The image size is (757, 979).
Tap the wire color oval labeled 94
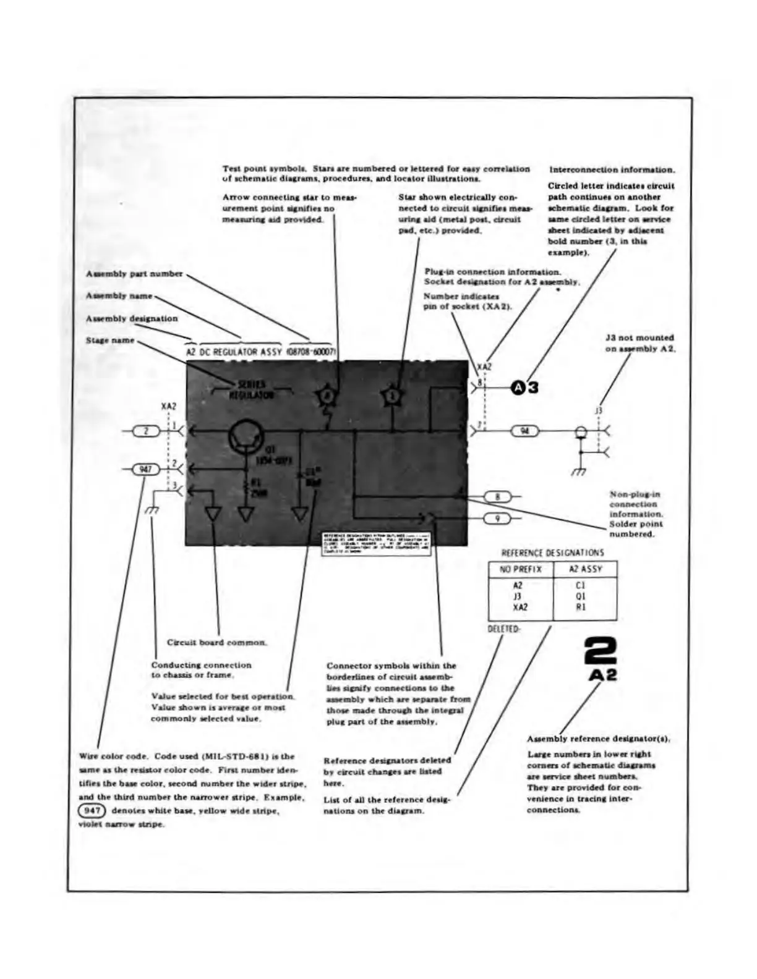click(524, 431)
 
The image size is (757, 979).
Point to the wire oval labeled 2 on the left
click(146, 431)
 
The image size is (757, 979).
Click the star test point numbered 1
click(392, 395)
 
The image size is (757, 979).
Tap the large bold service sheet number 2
click(600, 653)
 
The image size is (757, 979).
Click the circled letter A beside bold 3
click(518, 388)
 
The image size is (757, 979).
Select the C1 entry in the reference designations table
click(580, 585)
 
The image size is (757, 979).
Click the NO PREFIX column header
click(520, 569)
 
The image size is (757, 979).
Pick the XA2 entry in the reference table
click(520, 608)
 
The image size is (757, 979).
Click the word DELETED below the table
click(503, 629)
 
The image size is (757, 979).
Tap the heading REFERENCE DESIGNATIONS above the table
click(552, 553)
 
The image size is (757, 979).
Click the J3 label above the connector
click(598, 410)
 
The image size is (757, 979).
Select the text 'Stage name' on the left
click(109, 341)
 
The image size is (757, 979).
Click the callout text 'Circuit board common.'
click(217, 643)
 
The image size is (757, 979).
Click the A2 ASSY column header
click(585, 569)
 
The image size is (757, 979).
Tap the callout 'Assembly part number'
click(134, 274)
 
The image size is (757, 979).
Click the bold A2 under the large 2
click(602, 675)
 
